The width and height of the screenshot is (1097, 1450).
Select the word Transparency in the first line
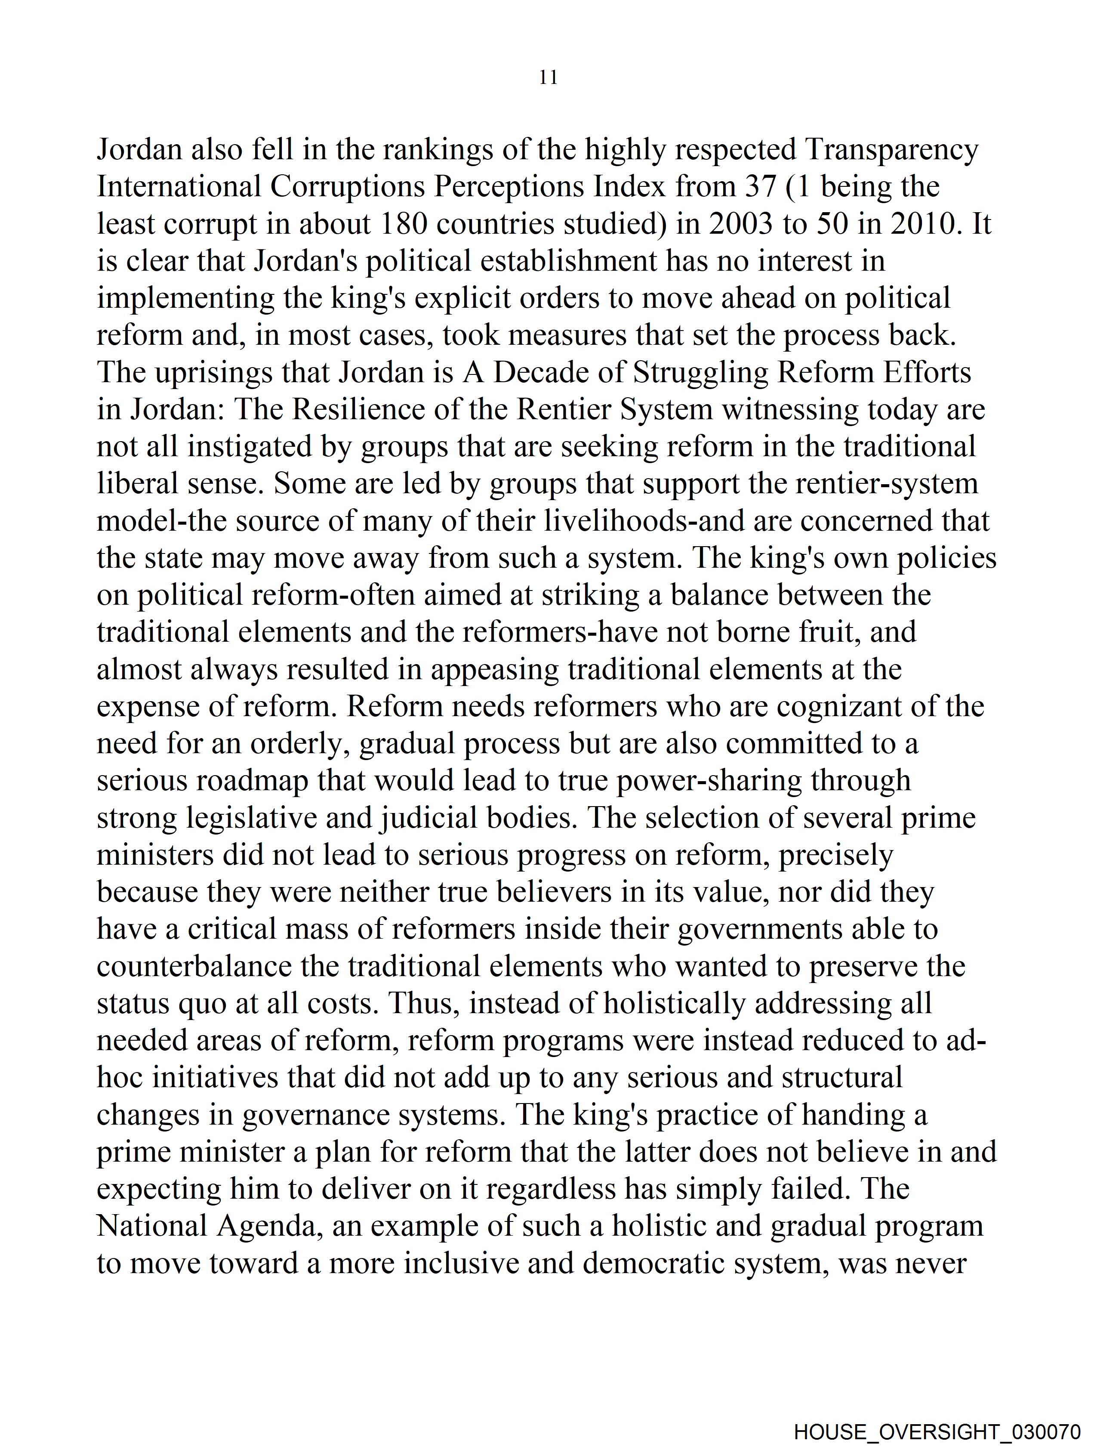pyautogui.click(x=891, y=150)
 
